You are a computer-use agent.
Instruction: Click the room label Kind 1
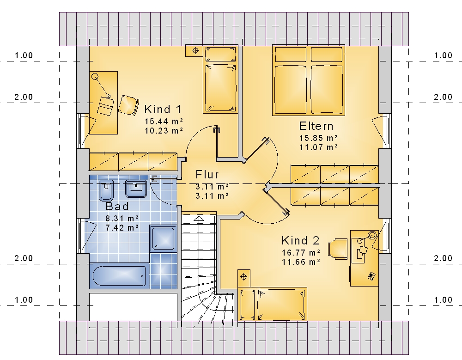[x=163, y=110]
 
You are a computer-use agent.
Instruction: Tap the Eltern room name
[x=316, y=126]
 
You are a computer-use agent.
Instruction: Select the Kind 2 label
[x=300, y=241]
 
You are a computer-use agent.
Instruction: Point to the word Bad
[x=117, y=206]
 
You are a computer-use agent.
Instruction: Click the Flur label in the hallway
[x=207, y=175]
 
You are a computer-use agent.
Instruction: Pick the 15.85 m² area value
[x=318, y=138]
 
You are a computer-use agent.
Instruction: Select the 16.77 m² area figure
[x=301, y=253]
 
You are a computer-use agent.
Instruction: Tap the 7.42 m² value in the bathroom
[x=122, y=228]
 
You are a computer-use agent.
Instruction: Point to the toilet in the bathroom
[x=106, y=191]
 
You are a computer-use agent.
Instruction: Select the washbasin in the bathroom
[x=136, y=189]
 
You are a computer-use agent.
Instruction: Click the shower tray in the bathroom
[x=163, y=238]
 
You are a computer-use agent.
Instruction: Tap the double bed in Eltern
[x=309, y=80]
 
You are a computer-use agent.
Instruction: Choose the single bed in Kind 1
[x=220, y=79]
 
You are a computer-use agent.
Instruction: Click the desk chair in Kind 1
[x=128, y=105]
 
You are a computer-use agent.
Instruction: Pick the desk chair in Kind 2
[x=338, y=249]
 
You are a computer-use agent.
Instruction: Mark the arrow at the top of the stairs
[x=199, y=219]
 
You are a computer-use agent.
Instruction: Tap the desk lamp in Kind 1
[x=101, y=86]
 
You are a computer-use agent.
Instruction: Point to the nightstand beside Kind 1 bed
[x=195, y=51]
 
